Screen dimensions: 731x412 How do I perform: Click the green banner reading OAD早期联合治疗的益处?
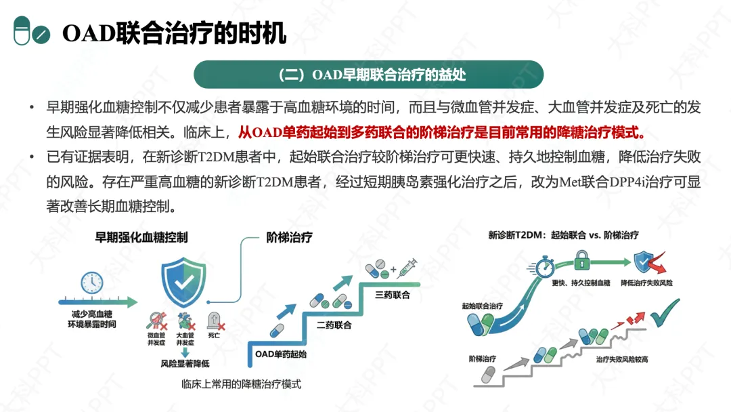pyautogui.click(x=368, y=75)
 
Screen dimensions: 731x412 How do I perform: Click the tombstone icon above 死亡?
pyautogui.click(x=214, y=320)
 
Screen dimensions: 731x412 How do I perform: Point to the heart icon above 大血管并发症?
pyautogui.click(x=184, y=320)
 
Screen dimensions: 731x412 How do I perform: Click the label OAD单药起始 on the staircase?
pyautogui.click(x=280, y=354)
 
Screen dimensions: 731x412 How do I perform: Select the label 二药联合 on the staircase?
pyautogui.click(x=334, y=325)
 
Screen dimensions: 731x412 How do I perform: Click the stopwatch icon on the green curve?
pyautogui.click(x=545, y=266)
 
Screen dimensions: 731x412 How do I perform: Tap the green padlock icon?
pyautogui.click(x=581, y=259)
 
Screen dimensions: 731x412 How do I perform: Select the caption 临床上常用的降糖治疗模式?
pyautogui.click(x=241, y=384)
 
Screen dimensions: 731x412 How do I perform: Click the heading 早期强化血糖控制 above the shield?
pyautogui.click(x=141, y=237)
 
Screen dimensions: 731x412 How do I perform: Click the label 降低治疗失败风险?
pyautogui.click(x=651, y=281)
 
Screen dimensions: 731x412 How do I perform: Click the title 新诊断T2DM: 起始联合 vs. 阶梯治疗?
pyautogui.click(x=563, y=235)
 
